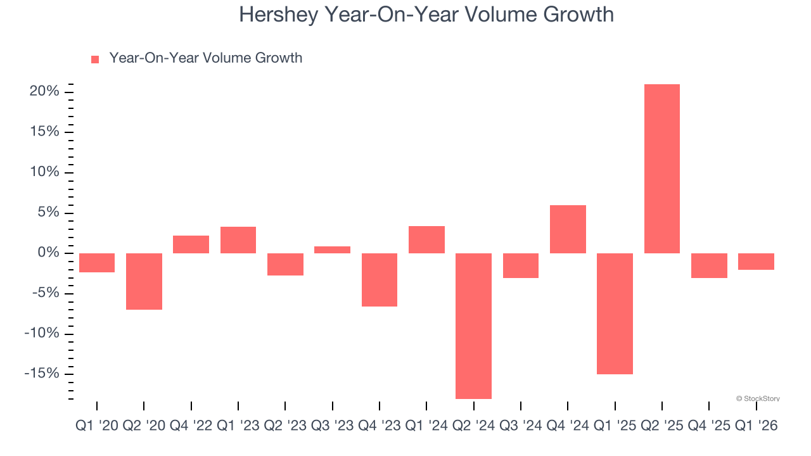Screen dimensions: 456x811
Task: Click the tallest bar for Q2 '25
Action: [661, 168]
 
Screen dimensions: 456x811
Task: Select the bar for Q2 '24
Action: [473, 326]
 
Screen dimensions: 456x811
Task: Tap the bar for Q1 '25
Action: [615, 313]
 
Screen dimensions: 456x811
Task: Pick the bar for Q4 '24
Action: [568, 229]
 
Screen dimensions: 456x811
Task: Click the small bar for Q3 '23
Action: [332, 250]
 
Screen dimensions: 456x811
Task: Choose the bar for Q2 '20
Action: [144, 281]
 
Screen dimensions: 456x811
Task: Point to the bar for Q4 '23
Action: [379, 280]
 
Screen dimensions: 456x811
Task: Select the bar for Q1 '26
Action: [756, 262]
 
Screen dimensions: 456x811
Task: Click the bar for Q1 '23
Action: [238, 240]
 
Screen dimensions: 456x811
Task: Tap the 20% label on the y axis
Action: [44, 92]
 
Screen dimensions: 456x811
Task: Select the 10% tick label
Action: [44, 172]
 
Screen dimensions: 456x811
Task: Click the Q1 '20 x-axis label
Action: [96, 426]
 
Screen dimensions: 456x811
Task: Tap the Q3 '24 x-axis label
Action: [520, 426]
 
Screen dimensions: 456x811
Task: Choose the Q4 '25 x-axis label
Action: [709, 426]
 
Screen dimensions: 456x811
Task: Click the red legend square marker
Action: [95, 60]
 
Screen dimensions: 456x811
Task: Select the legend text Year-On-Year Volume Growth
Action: [205, 58]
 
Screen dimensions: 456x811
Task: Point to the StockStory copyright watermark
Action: [758, 398]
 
